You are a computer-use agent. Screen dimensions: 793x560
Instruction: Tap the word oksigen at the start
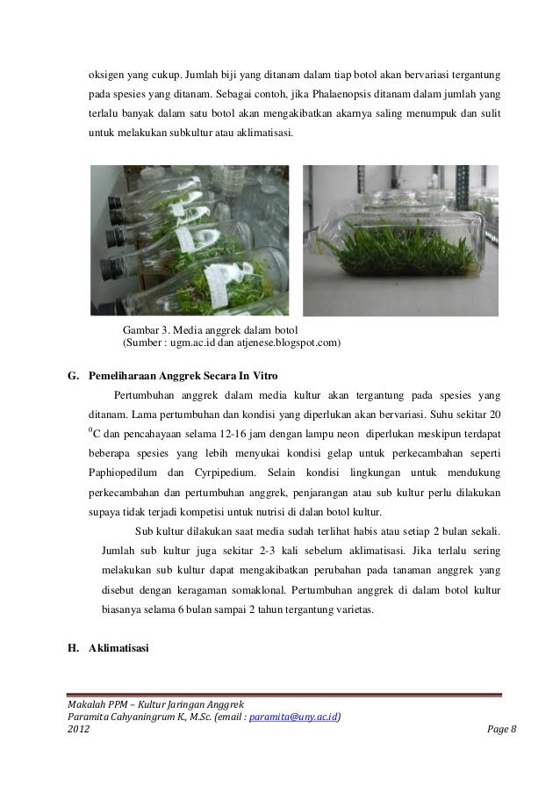point(106,69)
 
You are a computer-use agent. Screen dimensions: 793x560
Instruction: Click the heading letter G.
point(73,378)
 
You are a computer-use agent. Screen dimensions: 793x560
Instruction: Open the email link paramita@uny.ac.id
point(295,717)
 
